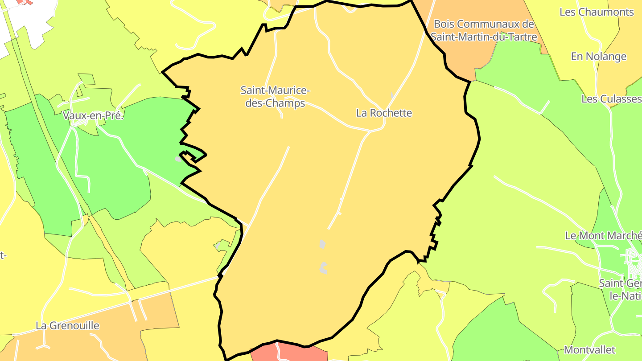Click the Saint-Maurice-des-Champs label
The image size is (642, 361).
(x=275, y=97)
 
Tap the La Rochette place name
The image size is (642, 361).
(x=384, y=113)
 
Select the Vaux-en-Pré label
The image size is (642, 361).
(x=93, y=116)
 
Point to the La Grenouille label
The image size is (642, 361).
(x=67, y=326)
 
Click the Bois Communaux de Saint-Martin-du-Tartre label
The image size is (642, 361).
(x=484, y=30)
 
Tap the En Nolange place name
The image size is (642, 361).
(x=599, y=57)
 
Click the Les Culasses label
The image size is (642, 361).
(x=611, y=99)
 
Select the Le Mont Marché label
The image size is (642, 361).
(x=603, y=235)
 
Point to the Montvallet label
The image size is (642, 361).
(x=589, y=350)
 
